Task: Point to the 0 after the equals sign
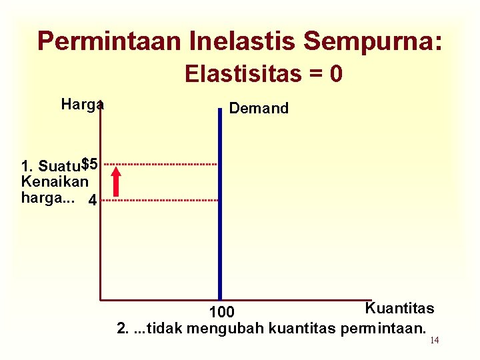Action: (x=337, y=73)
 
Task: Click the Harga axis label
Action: (x=81, y=105)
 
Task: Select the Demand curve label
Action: (x=259, y=109)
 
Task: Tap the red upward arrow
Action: (x=117, y=181)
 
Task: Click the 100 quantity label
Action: (x=221, y=312)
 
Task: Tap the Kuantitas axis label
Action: (x=399, y=308)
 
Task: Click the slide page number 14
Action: (x=434, y=341)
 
